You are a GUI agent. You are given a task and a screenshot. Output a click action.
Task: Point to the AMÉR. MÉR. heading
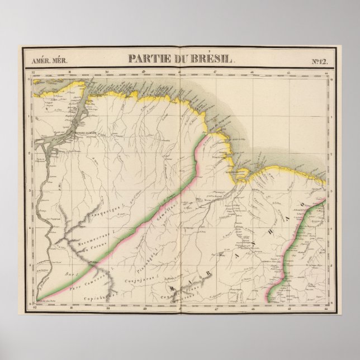[x=42, y=59]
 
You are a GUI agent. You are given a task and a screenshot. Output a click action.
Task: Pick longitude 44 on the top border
[x=326, y=72]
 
